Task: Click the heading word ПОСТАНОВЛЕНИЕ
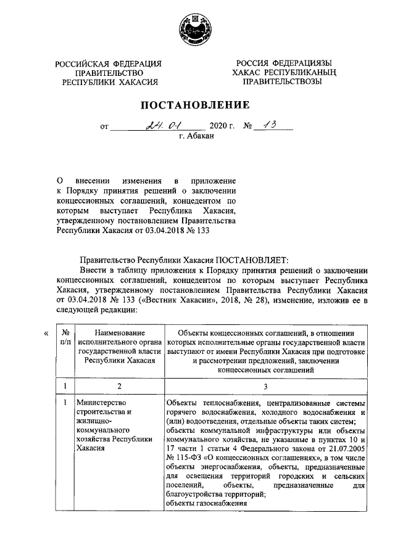(x=197, y=105)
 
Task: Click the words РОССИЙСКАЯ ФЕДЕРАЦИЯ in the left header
(x=109, y=64)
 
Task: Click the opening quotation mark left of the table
(x=48, y=334)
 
